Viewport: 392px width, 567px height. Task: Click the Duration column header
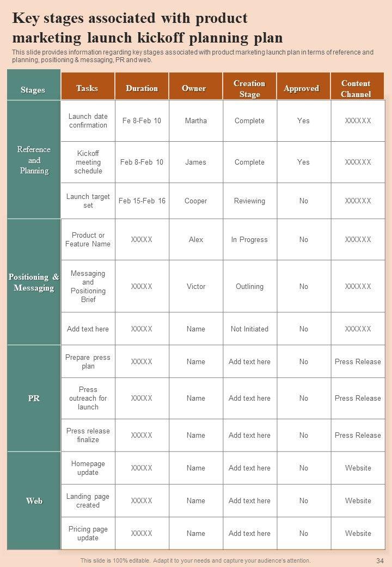pyautogui.click(x=142, y=88)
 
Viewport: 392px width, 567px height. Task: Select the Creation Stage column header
pyautogui.click(x=249, y=89)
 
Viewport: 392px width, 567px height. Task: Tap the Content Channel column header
pyautogui.click(x=356, y=89)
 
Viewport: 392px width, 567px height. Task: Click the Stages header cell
pyautogui.click(x=33, y=90)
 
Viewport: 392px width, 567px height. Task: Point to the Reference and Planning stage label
pyautogui.click(x=34, y=160)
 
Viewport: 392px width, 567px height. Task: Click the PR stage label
pyautogui.click(x=34, y=399)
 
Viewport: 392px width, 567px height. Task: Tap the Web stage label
pyautogui.click(x=34, y=501)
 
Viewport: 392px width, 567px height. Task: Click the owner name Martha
pyautogui.click(x=195, y=121)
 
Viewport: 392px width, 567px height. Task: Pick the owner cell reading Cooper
pyautogui.click(x=195, y=201)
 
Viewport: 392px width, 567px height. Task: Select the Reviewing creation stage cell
pyautogui.click(x=249, y=201)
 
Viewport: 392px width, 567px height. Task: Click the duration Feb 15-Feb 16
pyautogui.click(x=142, y=201)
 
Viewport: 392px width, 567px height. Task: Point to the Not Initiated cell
pyautogui.click(x=249, y=329)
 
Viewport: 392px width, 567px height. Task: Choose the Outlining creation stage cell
pyautogui.click(x=249, y=287)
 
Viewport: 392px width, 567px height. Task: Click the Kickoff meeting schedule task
pyautogui.click(x=88, y=162)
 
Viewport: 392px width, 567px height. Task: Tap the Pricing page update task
pyautogui.click(x=88, y=534)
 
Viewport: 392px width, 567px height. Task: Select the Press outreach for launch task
pyautogui.click(x=88, y=399)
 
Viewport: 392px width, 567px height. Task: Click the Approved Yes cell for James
pyautogui.click(x=303, y=162)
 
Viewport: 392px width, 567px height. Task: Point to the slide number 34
pyautogui.click(x=380, y=560)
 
